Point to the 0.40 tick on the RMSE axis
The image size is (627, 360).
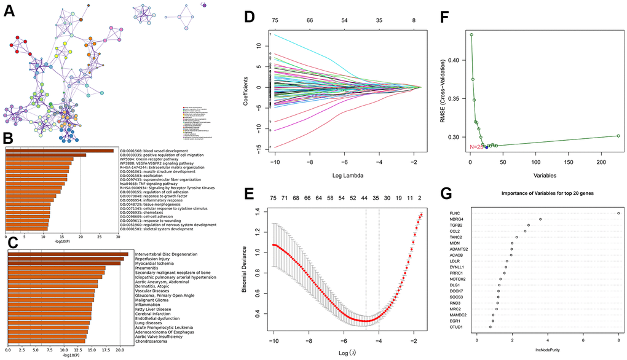click(453, 60)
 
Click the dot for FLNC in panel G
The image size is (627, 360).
click(618, 213)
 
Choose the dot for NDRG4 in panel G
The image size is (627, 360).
click(540, 219)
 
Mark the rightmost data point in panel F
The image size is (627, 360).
click(618, 136)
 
